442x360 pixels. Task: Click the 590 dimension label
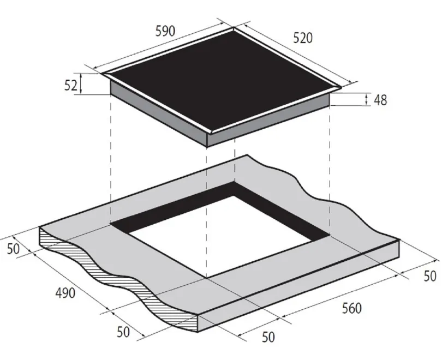point(165,31)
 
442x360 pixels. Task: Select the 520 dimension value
point(303,38)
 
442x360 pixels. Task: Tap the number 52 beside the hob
point(70,85)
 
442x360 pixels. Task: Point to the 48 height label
point(380,100)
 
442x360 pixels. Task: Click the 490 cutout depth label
point(65,293)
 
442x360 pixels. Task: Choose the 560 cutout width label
point(352,308)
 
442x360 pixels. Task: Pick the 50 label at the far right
point(430,276)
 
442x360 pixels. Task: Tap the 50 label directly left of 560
point(268,337)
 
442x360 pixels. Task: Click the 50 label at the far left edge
point(13,249)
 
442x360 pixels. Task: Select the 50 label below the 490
point(123,332)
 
